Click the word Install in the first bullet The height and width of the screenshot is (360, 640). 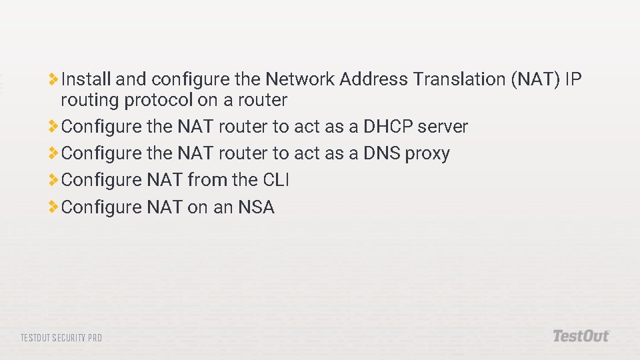86,80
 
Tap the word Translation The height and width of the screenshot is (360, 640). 459,80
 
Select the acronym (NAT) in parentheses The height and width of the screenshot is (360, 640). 535,80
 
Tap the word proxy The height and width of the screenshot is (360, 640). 427,154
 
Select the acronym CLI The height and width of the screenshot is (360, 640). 275,180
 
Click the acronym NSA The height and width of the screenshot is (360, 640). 256,207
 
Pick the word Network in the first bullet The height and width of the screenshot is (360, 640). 300,80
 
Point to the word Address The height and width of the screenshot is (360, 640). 373,80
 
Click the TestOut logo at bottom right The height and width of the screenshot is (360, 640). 581,336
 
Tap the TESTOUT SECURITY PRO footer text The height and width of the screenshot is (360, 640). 61,338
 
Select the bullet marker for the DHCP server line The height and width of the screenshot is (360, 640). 53,126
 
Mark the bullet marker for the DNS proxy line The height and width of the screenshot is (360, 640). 53,153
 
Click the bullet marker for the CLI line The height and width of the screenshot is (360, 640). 53,179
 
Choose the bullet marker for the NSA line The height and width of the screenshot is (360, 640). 53,207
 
